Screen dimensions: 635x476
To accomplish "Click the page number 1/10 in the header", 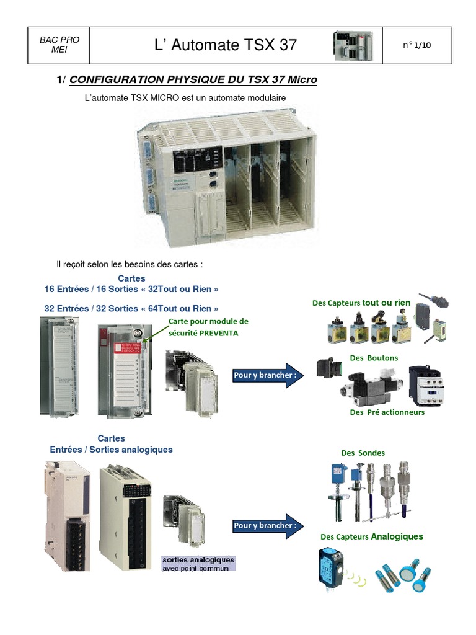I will tap(416, 45).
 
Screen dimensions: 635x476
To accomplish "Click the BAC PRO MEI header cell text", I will tap(59, 45).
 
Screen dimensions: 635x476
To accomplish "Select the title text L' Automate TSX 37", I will tap(226, 45).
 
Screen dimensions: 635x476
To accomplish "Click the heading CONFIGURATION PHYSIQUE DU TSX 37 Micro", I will tap(193, 80).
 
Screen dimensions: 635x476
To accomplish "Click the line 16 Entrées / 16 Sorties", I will tap(131, 289).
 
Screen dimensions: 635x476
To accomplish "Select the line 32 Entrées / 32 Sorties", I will tap(131, 308).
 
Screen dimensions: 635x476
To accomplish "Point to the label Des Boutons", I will tap(374, 358).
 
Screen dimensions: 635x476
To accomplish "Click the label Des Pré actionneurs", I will tap(387, 412).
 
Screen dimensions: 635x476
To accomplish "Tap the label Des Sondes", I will tap(363, 453).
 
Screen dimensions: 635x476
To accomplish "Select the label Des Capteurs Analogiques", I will tap(372, 536).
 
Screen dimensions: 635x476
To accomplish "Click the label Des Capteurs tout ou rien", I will tap(361, 303).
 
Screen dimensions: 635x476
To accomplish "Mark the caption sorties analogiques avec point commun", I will tap(198, 563).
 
